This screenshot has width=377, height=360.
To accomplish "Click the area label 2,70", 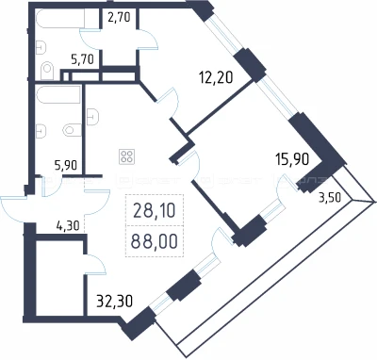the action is (x=119, y=17).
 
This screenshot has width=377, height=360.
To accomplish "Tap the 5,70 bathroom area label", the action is (x=83, y=58).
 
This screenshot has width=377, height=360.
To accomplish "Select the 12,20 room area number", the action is (x=216, y=76).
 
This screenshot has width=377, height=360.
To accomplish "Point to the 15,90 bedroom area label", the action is (x=292, y=159).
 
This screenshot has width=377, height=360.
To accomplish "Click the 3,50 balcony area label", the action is (x=330, y=198).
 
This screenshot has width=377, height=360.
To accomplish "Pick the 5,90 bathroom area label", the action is (x=66, y=165).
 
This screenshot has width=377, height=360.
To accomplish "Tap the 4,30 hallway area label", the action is (x=68, y=225).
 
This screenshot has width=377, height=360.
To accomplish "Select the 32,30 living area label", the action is (x=115, y=302).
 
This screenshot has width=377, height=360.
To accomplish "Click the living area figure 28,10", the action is (x=154, y=210).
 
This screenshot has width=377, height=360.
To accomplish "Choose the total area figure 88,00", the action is (x=154, y=241).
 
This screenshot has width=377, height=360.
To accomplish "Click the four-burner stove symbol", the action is (x=127, y=156).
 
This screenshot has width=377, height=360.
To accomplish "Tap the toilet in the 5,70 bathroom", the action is (x=47, y=71).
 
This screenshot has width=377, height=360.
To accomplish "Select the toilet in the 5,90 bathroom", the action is (x=73, y=130).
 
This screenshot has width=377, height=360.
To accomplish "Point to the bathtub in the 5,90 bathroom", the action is (x=58, y=94).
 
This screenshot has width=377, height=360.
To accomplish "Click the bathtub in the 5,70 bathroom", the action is (x=60, y=19).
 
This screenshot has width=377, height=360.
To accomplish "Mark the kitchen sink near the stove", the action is (x=93, y=117).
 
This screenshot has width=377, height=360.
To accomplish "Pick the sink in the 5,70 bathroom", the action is (x=41, y=47).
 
